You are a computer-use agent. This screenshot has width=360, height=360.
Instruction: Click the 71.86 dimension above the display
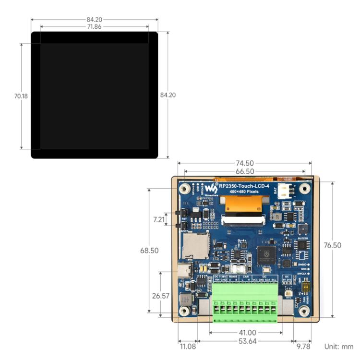point(94,27)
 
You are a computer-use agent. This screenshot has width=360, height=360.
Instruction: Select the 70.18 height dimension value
point(21,96)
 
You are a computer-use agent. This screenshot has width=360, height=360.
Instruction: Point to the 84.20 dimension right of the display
point(168,95)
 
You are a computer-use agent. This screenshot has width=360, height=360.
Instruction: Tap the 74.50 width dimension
point(245,163)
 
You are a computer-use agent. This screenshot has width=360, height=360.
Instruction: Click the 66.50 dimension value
point(245,171)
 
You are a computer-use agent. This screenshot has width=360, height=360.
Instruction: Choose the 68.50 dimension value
point(150,251)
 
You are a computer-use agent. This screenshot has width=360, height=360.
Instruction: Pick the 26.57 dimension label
point(161,296)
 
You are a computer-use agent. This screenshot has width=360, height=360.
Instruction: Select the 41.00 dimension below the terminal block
point(245,332)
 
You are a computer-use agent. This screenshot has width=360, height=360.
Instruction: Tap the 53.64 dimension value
point(245,341)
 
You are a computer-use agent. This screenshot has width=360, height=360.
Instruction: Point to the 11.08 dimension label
point(187,346)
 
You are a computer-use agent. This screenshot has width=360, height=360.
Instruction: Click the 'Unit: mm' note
point(338,346)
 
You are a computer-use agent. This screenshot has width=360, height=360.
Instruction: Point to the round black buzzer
point(302,229)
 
